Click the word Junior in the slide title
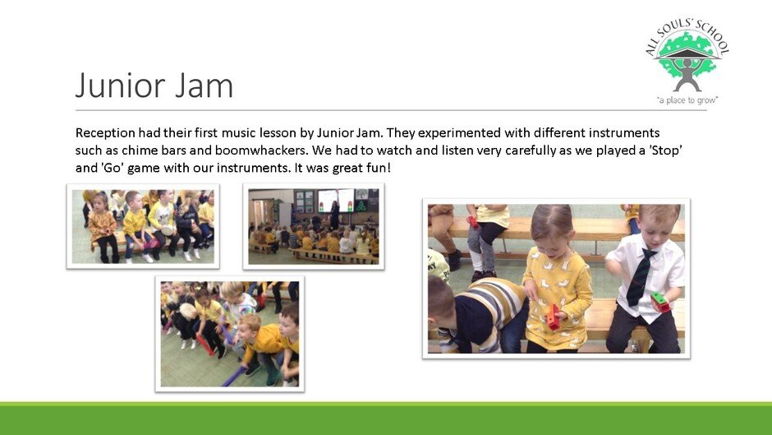click(x=121, y=86)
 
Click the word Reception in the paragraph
click(x=105, y=133)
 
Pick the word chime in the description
click(x=140, y=150)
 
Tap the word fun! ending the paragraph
click(x=378, y=168)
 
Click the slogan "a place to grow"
click(x=687, y=100)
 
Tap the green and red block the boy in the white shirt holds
click(x=659, y=302)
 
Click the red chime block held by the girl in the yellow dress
click(x=553, y=317)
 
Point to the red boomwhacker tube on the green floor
click(x=204, y=345)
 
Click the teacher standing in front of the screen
click(x=334, y=215)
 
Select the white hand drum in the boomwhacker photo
click(x=187, y=311)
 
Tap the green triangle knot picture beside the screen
click(x=361, y=206)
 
